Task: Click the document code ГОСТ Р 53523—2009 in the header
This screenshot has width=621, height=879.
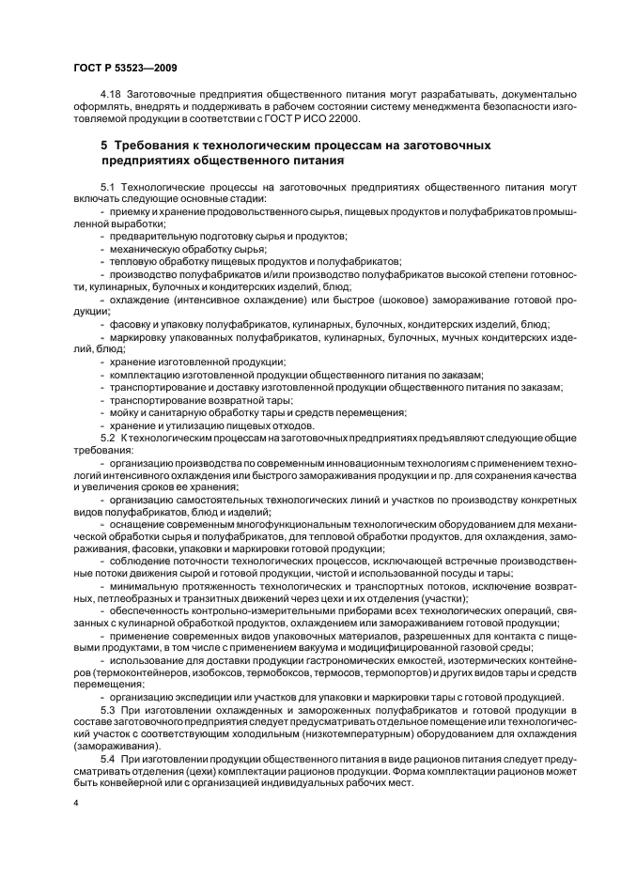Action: (x=124, y=68)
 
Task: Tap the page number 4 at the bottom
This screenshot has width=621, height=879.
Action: (x=77, y=804)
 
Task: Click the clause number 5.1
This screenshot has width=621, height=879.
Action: (x=106, y=190)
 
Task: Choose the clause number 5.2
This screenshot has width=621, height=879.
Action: (x=106, y=438)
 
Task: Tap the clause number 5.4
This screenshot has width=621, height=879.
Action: (x=106, y=757)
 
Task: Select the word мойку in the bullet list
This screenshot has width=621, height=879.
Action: (x=126, y=411)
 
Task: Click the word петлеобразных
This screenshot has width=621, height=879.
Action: (x=130, y=597)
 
